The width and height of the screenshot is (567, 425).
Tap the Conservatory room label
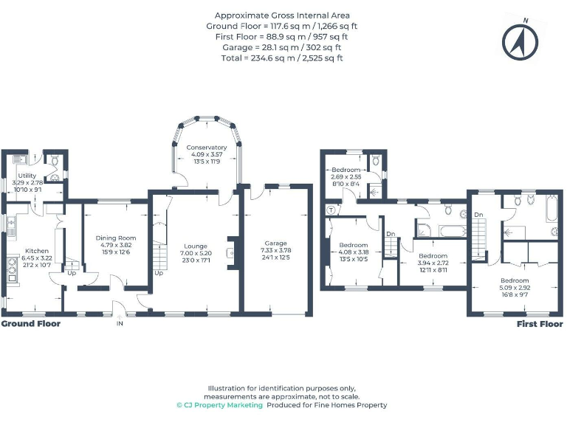[206, 147]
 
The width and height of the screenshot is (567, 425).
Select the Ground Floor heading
[30, 323]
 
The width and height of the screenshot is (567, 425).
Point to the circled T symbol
[330, 210]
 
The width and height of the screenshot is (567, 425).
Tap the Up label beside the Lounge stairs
[159, 272]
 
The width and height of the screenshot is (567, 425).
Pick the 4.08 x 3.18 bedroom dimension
[353, 252]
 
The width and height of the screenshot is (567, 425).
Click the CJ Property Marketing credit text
[219, 405]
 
